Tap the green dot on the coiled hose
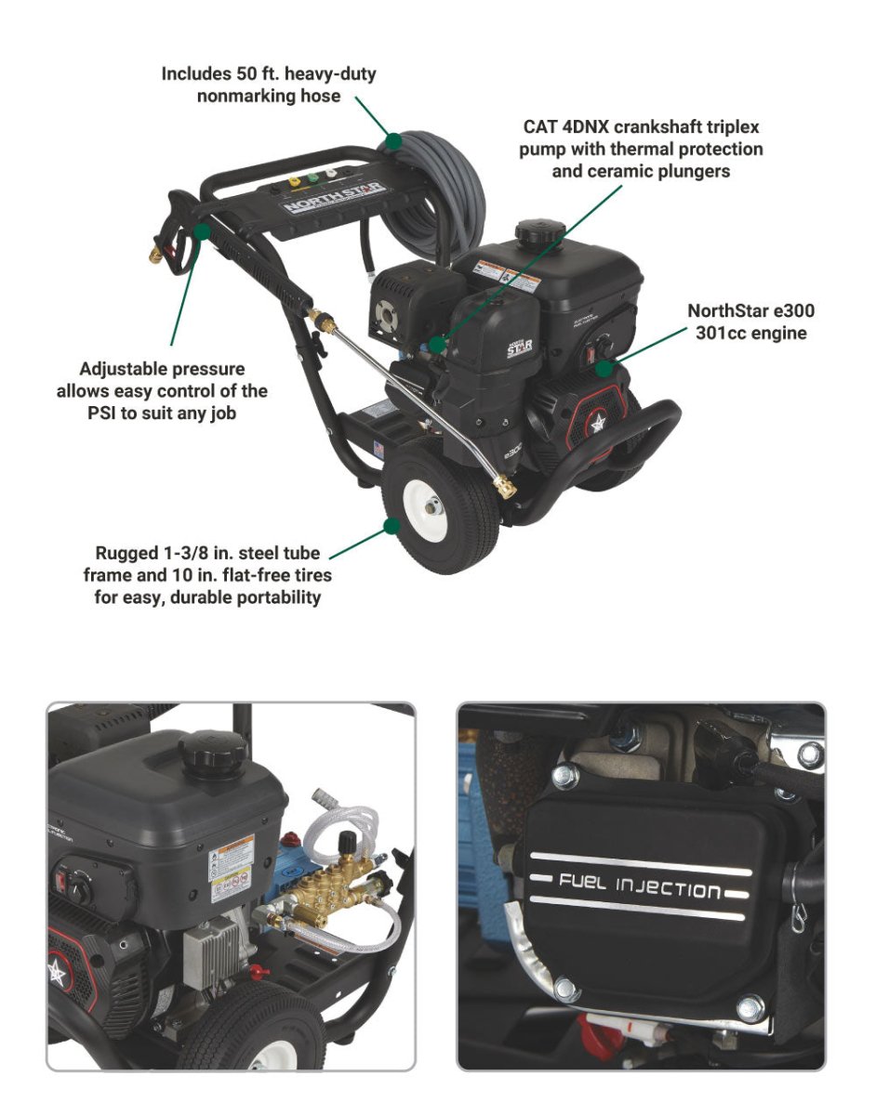393,141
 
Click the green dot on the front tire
392,525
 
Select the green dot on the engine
604,368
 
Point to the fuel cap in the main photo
539,233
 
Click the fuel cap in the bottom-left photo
213,754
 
